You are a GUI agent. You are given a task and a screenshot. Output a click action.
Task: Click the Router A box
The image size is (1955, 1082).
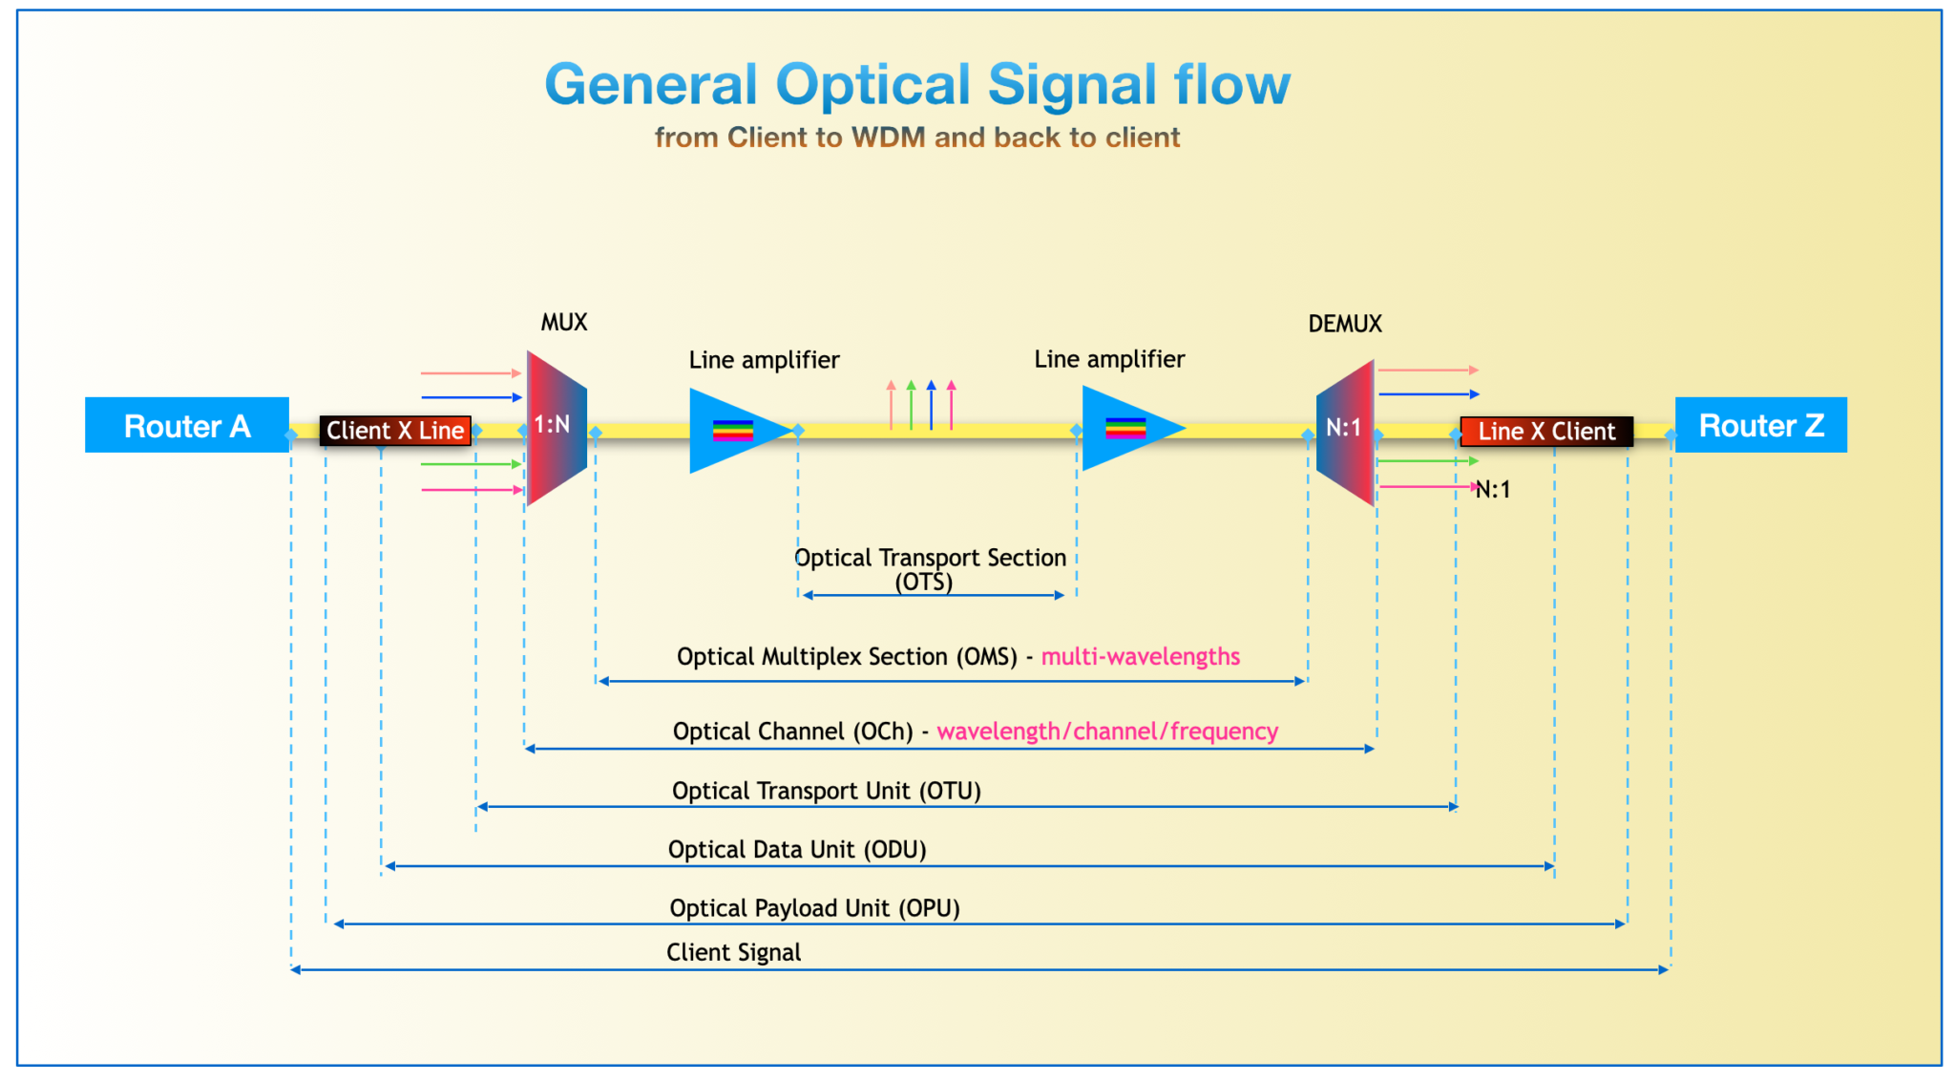click(x=187, y=425)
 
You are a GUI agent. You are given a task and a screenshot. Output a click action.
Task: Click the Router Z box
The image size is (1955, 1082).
click(x=1760, y=425)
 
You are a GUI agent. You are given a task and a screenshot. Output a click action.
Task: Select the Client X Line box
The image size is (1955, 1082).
click(x=395, y=431)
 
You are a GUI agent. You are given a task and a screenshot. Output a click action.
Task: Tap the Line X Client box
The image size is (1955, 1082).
click(x=1545, y=432)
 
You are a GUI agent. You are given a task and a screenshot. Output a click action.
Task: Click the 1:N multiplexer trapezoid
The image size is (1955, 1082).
click(x=555, y=427)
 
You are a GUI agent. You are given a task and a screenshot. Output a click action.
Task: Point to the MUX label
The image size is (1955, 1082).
click(x=564, y=323)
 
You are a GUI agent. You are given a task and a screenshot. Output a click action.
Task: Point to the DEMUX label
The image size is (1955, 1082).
click(x=1344, y=324)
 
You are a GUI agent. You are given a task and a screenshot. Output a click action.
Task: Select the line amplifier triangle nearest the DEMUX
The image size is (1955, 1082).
click(x=1125, y=429)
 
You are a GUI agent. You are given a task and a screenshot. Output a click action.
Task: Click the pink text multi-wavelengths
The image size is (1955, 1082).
click(x=1140, y=657)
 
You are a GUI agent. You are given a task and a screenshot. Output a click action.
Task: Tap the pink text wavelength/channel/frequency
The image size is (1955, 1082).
click(x=1107, y=732)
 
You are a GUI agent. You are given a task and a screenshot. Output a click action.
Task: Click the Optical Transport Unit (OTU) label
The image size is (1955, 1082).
click(x=826, y=791)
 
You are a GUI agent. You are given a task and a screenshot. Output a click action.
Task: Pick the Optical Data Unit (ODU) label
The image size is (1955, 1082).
click(x=797, y=849)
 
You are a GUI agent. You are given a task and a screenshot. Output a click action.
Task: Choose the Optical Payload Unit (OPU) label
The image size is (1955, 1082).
click(x=814, y=908)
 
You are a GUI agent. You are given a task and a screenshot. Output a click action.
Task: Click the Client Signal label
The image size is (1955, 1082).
click(x=733, y=952)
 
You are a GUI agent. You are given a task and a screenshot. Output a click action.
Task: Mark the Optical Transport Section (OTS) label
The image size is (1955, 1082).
click(x=929, y=569)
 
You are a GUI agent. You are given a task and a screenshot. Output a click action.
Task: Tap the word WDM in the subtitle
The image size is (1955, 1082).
click(x=888, y=138)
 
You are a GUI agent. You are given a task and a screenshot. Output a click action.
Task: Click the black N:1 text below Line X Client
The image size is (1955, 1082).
click(x=1493, y=490)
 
